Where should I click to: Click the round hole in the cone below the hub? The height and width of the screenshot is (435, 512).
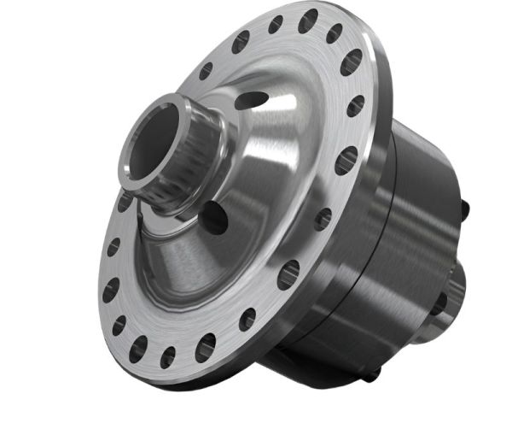[213, 217]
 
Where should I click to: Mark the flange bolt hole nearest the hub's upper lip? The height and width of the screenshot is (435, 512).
[206, 71]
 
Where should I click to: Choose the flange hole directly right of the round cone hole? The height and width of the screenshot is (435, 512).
[322, 220]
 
